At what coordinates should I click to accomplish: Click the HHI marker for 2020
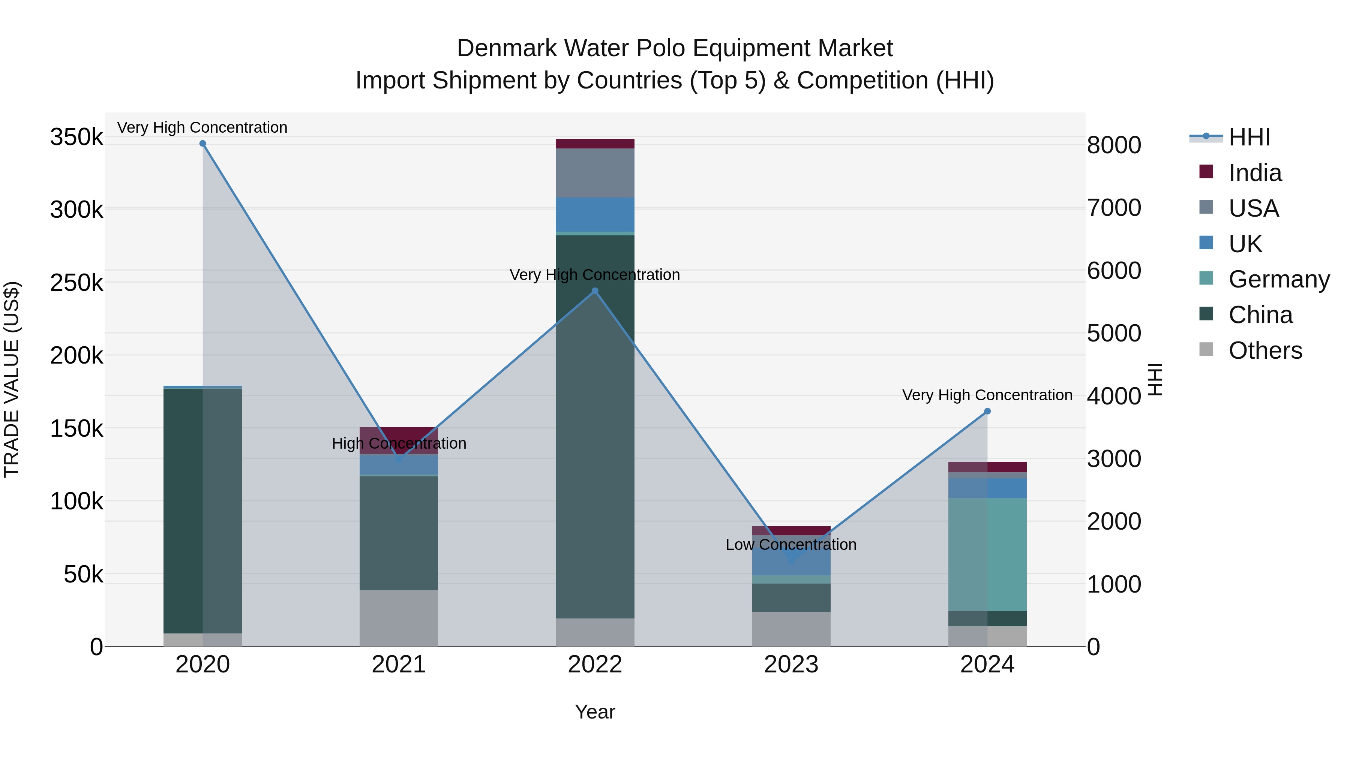click(x=203, y=144)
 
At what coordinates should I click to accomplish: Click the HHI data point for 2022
click(x=595, y=291)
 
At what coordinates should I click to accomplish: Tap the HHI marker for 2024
click(x=987, y=411)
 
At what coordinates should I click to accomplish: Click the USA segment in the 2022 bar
click(x=595, y=173)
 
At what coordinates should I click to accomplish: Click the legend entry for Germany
click(x=1278, y=279)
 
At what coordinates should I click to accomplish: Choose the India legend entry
click(x=1255, y=173)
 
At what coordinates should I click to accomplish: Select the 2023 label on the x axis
click(x=791, y=665)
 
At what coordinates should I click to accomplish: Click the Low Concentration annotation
click(x=791, y=545)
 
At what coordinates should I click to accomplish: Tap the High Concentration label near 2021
click(x=399, y=444)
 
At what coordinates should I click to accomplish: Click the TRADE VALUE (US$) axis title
click(x=12, y=379)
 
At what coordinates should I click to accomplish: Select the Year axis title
click(x=595, y=712)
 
